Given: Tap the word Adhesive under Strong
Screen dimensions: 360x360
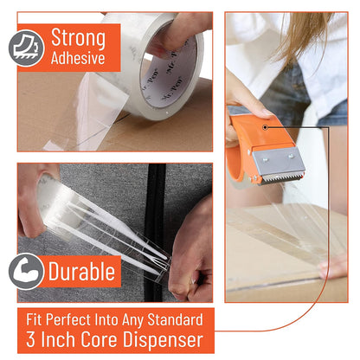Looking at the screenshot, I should coord(79,59).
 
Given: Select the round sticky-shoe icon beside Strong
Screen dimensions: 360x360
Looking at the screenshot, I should coord(27,48).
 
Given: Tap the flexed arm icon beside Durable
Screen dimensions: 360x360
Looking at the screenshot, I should coord(27,271).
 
